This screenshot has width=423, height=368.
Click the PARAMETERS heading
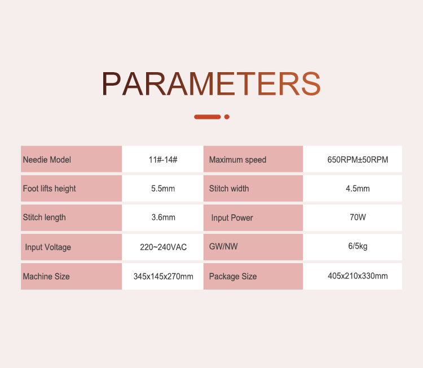211,84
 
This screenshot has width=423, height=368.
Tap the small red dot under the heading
227,117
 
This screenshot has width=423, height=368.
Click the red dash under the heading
208,117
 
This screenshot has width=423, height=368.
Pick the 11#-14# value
163,159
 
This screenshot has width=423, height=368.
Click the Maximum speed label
237,160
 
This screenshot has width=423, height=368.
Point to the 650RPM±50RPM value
358,159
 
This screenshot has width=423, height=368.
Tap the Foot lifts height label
50,189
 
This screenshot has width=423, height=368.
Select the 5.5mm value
163,188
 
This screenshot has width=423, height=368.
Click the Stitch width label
229,188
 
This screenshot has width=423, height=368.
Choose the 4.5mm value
358,188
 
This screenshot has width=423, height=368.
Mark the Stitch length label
44,218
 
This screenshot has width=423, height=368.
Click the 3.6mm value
163,218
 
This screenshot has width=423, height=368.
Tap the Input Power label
232,218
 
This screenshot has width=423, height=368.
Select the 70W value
358,217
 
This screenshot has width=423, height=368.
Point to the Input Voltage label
48,247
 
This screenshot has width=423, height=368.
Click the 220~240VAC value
163,247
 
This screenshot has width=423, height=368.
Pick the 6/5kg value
358,246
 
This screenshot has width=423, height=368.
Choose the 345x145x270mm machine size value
163,276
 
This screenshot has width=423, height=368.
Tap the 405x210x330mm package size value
358,276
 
